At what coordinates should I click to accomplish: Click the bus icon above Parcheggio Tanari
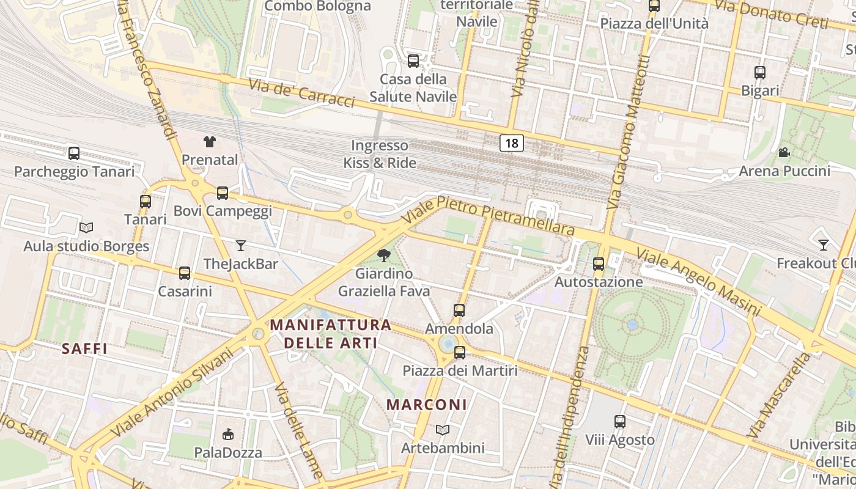click(x=74, y=153)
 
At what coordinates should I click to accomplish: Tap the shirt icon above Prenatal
click(x=210, y=142)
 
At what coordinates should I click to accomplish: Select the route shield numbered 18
click(x=512, y=143)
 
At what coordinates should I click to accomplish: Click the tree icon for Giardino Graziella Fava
click(x=384, y=256)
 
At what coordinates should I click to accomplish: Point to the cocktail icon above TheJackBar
click(x=241, y=246)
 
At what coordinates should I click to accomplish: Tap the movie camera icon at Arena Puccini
click(x=784, y=152)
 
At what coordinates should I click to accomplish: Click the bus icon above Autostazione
click(x=599, y=264)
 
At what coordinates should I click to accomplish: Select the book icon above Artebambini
click(x=443, y=430)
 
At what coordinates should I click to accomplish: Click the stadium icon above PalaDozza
click(x=228, y=435)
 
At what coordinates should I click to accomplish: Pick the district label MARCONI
click(x=427, y=405)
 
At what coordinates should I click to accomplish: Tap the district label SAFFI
click(x=84, y=349)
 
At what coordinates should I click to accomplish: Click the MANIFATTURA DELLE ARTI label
click(x=330, y=333)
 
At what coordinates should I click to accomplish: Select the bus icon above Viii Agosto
click(x=620, y=422)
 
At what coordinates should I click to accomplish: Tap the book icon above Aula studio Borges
click(x=86, y=228)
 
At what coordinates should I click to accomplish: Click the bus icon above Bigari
click(x=760, y=73)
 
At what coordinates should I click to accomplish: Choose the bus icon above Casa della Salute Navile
click(x=413, y=61)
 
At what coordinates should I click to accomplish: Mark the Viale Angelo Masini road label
click(x=698, y=281)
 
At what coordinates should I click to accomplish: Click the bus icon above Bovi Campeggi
click(x=223, y=193)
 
